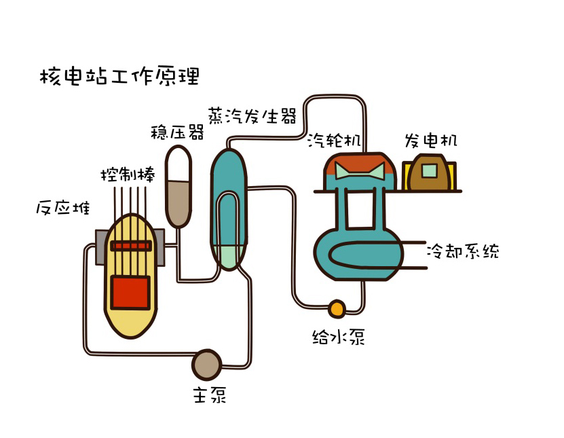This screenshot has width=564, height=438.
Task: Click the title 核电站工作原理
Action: pos(119,76)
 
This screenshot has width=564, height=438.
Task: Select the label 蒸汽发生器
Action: pos(252,116)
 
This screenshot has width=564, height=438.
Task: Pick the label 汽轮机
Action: pos(333,141)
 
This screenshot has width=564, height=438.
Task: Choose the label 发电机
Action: pos(431,141)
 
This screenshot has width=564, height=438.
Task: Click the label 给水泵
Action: pos(338,337)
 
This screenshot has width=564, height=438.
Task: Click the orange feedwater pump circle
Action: pos(337,309)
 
